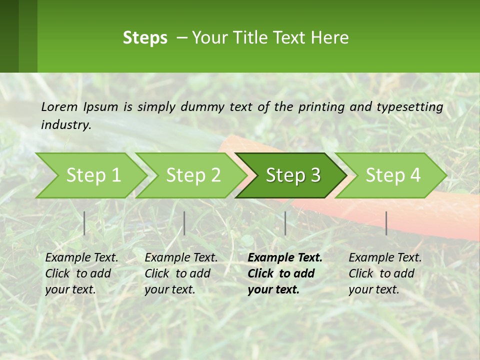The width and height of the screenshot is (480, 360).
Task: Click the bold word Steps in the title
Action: coord(145,38)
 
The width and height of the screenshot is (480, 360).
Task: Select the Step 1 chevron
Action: coord(90,175)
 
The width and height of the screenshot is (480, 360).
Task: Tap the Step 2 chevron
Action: coord(191,175)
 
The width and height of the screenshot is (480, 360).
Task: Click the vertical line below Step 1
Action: coord(84,223)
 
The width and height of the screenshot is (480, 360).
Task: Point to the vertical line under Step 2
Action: coord(184,223)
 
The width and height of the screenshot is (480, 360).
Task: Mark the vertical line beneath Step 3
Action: coord(285,223)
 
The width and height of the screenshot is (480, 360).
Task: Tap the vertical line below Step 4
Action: coord(386,223)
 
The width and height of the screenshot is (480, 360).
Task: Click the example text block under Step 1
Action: coord(81,273)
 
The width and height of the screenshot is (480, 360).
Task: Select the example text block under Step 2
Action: coord(181,273)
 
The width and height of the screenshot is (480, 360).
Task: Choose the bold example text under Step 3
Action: coord(285,273)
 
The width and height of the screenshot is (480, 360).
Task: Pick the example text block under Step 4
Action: coord(385,273)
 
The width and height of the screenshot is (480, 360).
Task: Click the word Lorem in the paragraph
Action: coord(59,107)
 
